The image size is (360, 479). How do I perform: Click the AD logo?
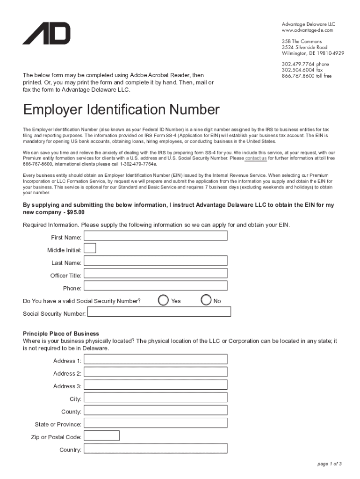tap(46, 33)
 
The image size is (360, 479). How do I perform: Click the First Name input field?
tap(155, 235)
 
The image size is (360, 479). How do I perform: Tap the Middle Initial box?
tap(90, 248)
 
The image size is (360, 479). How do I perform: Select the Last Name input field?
tap(155, 261)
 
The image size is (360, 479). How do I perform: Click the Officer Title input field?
tap(155, 273)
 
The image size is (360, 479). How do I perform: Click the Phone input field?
tap(155, 286)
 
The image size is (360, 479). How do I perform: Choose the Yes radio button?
tap(163, 300)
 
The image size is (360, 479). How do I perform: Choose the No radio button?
tap(206, 300)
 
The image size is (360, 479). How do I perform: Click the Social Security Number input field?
tap(158, 312)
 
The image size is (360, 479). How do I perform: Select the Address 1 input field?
tap(155, 359)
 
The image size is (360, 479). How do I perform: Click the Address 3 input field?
tap(155, 385)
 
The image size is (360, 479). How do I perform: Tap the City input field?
tap(155, 398)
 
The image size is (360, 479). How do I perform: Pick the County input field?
tap(155, 410)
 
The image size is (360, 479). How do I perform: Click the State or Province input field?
tap(155, 423)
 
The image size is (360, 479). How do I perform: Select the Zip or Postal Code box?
tap(101, 435)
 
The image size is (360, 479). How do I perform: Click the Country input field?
tap(155, 449)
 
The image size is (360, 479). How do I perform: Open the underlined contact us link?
tap(256, 159)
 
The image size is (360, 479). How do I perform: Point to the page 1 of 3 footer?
tap(330, 464)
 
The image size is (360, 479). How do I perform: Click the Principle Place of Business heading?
tap(61, 334)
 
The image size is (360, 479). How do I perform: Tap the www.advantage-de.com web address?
tap(307, 30)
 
